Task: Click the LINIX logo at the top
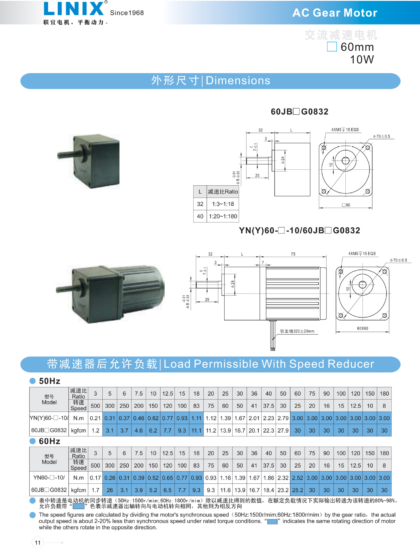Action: (74, 9)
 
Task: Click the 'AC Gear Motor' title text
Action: (335, 13)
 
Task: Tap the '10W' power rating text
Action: (362, 59)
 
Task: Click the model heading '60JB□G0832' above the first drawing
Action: (299, 112)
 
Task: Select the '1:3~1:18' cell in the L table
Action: (223, 204)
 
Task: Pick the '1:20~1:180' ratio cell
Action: (223, 216)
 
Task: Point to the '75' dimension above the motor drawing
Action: (293, 254)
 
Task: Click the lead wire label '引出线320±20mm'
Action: (297, 331)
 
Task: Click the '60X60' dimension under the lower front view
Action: (362, 328)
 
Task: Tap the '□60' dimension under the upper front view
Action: (346, 205)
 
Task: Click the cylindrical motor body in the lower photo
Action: (143, 288)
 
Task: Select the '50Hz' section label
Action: (49, 381)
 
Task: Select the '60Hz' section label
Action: (49, 441)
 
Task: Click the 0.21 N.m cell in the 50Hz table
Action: (95, 418)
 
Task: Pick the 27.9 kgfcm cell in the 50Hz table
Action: (283, 430)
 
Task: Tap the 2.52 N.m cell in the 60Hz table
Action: (297, 478)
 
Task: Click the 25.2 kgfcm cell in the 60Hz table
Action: (297, 490)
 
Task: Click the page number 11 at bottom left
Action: (38, 542)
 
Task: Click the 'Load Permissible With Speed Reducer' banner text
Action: (268, 364)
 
